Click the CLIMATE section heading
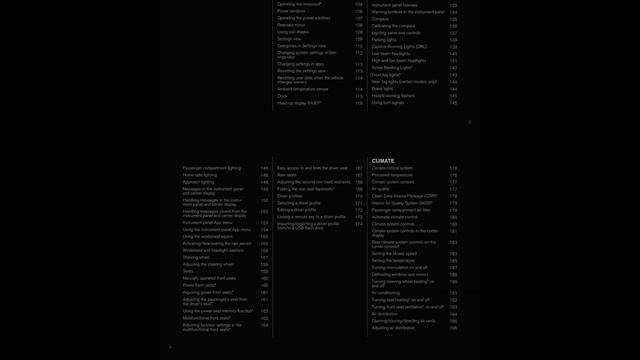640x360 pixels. pos(383,160)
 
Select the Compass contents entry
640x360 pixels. pos(381,18)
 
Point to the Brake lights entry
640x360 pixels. pos(383,88)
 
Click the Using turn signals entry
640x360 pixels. pos(389,102)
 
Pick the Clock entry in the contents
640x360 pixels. pos(283,96)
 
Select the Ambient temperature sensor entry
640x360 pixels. pos(302,89)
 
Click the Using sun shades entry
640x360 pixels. pos(293,31)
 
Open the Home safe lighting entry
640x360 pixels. pos(200,174)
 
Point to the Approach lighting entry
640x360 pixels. pos(198,181)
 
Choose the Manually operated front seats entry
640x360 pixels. pos(209,278)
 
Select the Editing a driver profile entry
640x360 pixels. pos(299,209)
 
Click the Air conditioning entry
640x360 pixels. pos(386,292)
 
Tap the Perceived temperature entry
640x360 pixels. pos(392,174)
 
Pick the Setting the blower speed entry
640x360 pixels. pos(394,253)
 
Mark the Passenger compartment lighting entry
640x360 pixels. pos(211,167)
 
